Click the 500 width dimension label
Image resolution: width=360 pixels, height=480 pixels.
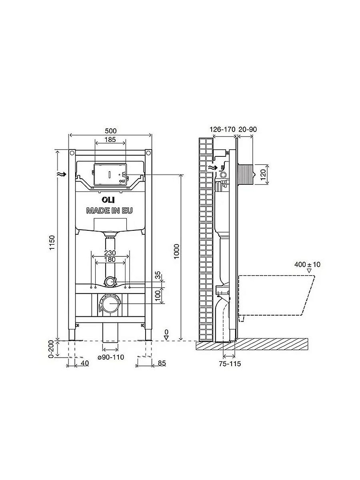tap(111, 131)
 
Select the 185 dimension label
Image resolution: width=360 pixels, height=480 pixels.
tap(110, 140)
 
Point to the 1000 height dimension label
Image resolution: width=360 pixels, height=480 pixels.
tap(177, 252)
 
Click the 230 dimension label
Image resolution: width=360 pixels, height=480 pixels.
tap(110, 253)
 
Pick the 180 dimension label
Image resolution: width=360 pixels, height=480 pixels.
tap(110, 259)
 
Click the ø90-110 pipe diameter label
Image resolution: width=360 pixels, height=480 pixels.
tap(111, 357)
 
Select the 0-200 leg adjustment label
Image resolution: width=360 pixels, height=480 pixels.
tap(51, 349)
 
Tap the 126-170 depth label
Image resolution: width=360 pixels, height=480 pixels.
tap(222, 129)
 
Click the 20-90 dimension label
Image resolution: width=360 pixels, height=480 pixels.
tap(248, 129)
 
